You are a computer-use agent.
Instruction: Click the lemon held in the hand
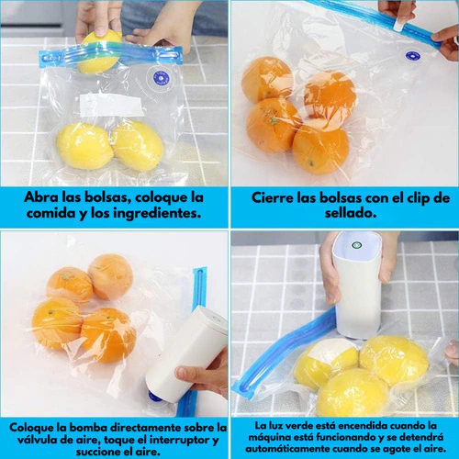point(99,52)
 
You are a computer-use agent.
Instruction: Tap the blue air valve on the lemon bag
point(162,78)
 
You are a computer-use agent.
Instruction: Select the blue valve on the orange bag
point(413,57)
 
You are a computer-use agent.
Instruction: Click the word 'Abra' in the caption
point(40,197)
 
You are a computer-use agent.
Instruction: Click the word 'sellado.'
point(351,213)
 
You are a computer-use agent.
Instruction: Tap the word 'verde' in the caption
point(295,426)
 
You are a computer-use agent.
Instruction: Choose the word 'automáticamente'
point(280,449)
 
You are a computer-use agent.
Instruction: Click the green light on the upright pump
point(356,245)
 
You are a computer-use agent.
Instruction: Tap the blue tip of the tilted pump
point(153,397)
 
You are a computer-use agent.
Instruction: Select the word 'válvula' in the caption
point(35,440)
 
